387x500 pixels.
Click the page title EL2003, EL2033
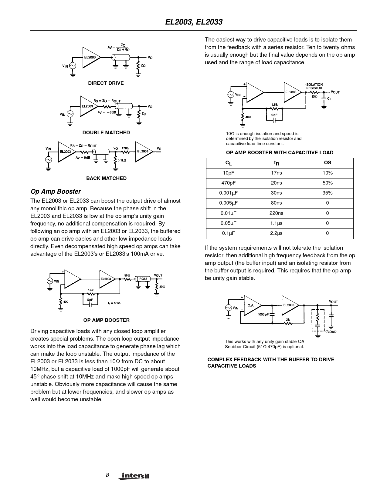click(194, 22)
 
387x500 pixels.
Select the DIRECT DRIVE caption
click(106, 83)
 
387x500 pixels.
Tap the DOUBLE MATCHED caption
click(106, 132)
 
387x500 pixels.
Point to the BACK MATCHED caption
click(106, 178)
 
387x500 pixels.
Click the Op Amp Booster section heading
click(56, 192)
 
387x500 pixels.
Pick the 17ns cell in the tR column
click(276, 173)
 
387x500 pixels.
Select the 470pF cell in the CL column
click(228, 183)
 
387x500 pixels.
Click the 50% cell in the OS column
click(328, 183)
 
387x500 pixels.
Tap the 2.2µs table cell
click(276, 233)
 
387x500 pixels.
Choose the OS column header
click(328, 163)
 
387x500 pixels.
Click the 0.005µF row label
click(228, 203)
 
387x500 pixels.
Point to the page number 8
click(107, 475)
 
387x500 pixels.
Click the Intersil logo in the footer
click(135, 476)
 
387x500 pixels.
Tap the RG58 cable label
click(143, 279)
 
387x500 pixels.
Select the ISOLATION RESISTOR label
click(314, 86)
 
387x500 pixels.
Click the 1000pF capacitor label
click(263, 314)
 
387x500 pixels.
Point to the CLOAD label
click(331, 332)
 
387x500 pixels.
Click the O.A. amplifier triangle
click(252, 305)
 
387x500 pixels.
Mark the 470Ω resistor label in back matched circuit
click(126, 148)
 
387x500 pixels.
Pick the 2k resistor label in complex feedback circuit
click(288, 320)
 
